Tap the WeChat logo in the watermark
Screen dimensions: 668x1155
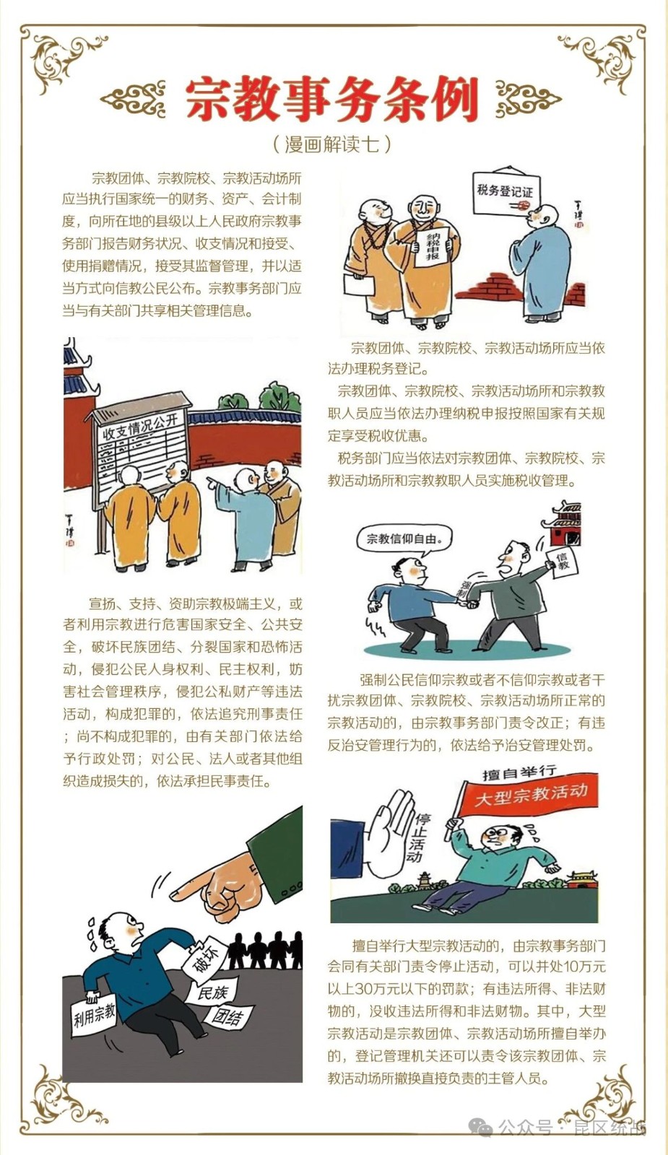tap(482, 1126)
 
